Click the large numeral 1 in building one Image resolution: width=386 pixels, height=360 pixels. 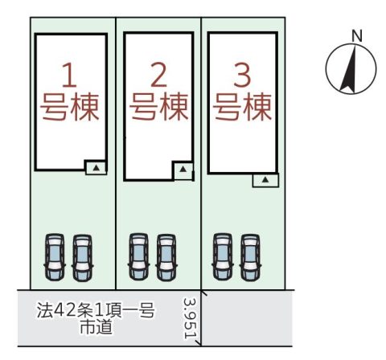point(70,75)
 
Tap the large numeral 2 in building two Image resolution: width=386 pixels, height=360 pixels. point(158,75)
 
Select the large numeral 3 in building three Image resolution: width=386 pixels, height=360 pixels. point(242,75)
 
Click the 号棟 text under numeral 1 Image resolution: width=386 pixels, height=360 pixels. point(70,107)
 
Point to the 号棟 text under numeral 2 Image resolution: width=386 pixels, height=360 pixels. point(159,107)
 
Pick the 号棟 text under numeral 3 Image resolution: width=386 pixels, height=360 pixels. point(242,107)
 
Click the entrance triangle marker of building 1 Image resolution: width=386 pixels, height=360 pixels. point(96,168)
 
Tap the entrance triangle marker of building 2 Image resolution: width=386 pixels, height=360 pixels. point(183,169)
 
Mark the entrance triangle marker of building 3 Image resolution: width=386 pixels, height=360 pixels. point(265,180)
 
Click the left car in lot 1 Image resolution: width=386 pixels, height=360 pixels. point(55,257)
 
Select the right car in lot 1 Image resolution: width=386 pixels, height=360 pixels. point(83,258)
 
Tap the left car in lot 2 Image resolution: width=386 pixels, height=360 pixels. point(138,256)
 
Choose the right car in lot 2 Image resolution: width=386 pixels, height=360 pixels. point(166,257)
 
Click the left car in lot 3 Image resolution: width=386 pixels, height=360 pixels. point(223,256)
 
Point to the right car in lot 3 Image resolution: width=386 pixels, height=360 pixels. point(250,257)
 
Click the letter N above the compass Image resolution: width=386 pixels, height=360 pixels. point(357,35)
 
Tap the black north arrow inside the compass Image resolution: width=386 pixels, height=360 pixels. point(349,69)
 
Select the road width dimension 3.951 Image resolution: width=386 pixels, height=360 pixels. point(190,318)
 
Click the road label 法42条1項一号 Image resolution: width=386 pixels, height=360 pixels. point(96,310)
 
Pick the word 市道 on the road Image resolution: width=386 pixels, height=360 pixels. point(96,326)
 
